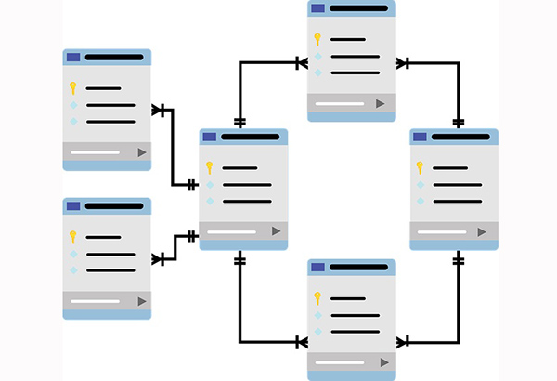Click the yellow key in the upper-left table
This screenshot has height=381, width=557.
(x=71, y=89)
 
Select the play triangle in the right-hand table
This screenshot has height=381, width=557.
(x=481, y=231)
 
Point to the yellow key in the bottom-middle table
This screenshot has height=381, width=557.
(x=317, y=299)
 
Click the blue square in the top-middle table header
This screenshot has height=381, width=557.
(x=318, y=8)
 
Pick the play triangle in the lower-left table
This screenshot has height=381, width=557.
(x=142, y=301)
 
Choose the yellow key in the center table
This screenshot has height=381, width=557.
(x=210, y=168)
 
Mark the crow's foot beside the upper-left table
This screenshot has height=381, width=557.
(x=160, y=110)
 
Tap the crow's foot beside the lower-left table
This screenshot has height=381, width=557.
(x=160, y=256)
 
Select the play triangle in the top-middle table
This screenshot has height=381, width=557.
(x=380, y=103)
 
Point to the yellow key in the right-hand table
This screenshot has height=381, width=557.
(x=420, y=168)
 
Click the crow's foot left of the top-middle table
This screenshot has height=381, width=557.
(x=301, y=63)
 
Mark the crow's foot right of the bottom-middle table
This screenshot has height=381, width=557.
(x=403, y=342)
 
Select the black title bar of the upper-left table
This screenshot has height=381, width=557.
(x=115, y=58)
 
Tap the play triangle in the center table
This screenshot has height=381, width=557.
(x=276, y=231)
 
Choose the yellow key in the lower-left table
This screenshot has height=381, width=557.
(x=71, y=237)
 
